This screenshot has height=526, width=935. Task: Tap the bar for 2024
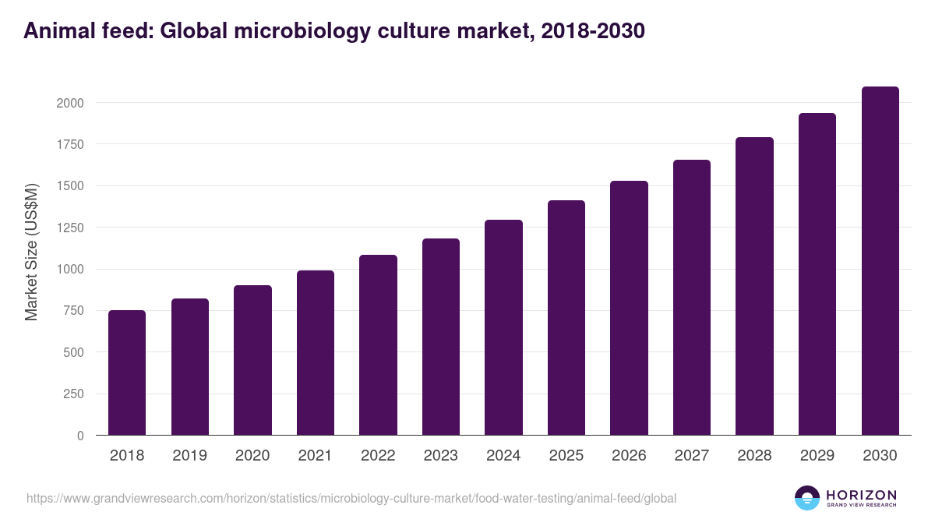503,327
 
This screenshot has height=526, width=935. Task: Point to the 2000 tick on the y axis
69,103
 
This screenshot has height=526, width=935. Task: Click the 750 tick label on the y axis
73,311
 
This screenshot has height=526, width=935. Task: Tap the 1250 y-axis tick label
69,228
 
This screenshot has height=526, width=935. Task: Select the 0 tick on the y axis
80,436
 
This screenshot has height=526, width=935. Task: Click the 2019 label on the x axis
189,456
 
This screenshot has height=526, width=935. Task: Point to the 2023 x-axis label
440,456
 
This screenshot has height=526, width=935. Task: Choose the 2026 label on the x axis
629,456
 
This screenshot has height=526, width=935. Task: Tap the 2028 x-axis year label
754,456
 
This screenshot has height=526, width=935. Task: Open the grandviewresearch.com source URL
351,498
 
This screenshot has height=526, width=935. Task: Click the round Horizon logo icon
806,498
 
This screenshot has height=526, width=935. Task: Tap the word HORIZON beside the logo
861,495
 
